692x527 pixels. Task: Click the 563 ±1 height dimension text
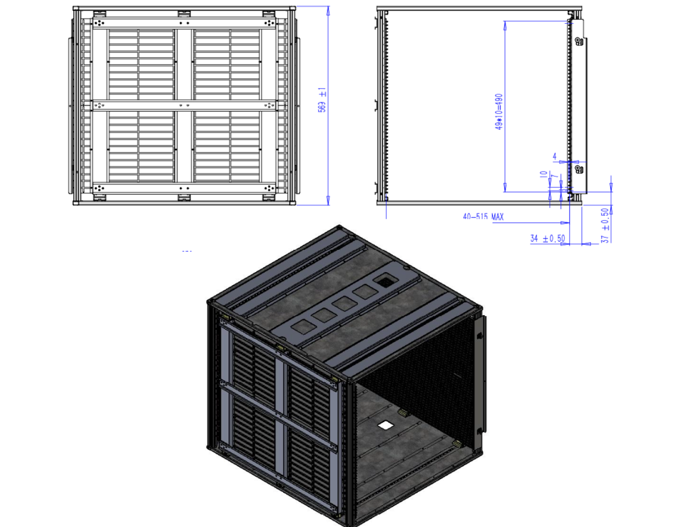click(x=322, y=100)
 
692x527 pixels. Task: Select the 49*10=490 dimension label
click(x=499, y=112)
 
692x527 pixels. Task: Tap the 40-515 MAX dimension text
click(x=483, y=217)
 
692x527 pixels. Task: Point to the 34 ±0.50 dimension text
click(x=547, y=238)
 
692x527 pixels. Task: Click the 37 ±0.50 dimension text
click(x=605, y=226)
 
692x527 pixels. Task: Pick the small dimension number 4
click(x=555, y=156)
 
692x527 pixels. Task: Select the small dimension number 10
click(x=543, y=174)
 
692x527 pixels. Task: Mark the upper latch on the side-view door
click(x=578, y=41)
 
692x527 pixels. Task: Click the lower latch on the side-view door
click(x=578, y=169)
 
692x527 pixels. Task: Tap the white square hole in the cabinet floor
click(x=385, y=425)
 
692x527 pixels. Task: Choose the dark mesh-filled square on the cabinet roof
click(x=385, y=282)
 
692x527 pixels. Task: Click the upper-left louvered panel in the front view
click(x=141, y=65)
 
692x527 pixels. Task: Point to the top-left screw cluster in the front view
click(x=99, y=23)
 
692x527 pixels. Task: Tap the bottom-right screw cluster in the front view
click(x=269, y=188)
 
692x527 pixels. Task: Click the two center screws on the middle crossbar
click(x=184, y=106)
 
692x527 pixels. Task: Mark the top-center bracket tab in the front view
click(x=184, y=14)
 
